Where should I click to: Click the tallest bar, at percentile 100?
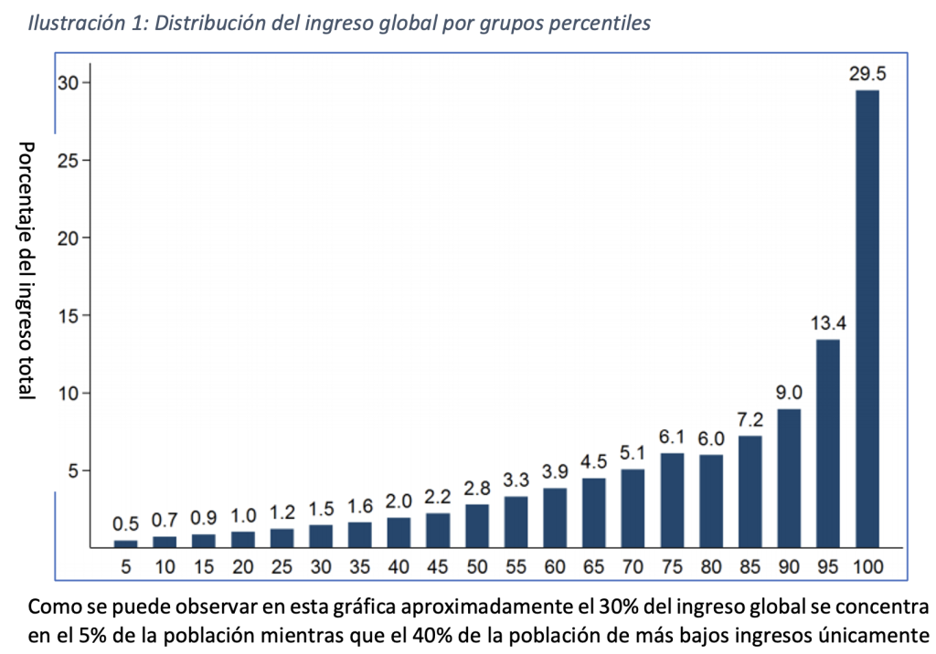[867, 319]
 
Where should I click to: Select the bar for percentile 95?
[828, 443]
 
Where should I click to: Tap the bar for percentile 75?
[672, 500]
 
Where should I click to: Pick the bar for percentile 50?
[477, 526]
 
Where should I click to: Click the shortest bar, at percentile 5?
[125, 543]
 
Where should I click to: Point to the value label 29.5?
[867, 74]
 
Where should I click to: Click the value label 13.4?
[828, 322]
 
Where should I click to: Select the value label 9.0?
[789, 392]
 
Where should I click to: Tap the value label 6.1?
[672, 437]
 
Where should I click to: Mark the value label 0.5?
[125, 523]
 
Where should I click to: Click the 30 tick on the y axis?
[68, 82]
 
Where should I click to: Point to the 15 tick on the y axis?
[68, 316]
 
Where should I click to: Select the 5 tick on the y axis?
[73, 470]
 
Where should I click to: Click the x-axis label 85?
[750, 566]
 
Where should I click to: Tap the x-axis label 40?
[399, 566]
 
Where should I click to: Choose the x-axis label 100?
[867, 566]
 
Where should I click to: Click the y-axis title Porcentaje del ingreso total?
[27, 269]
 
